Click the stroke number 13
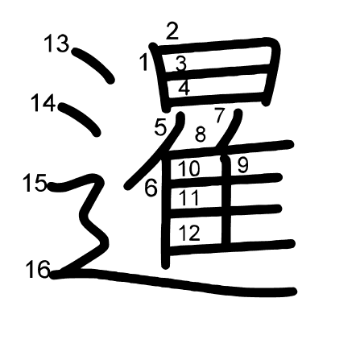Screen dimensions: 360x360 [x=56, y=43]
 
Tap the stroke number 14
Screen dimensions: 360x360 [x=43, y=103]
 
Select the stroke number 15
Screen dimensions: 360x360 [x=35, y=183]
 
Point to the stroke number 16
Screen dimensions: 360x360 [x=38, y=269]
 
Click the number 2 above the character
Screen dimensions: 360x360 [x=172, y=31]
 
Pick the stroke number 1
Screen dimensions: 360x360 [x=144, y=62]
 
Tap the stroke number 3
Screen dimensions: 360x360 [x=181, y=64]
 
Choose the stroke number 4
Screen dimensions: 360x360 [x=184, y=88]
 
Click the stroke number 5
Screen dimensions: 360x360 [x=160, y=127]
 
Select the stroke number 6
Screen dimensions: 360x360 [x=151, y=188]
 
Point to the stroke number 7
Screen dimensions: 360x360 [x=219, y=115]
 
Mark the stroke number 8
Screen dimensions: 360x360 [x=201, y=134]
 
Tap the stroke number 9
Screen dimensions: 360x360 [x=243, y=165]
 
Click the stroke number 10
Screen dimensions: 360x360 [x=189, y=168]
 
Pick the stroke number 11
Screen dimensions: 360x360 [x=189, y=197]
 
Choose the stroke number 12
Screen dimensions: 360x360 [x=189, y=233]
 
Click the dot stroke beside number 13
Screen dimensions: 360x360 [x=94, y=64]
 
